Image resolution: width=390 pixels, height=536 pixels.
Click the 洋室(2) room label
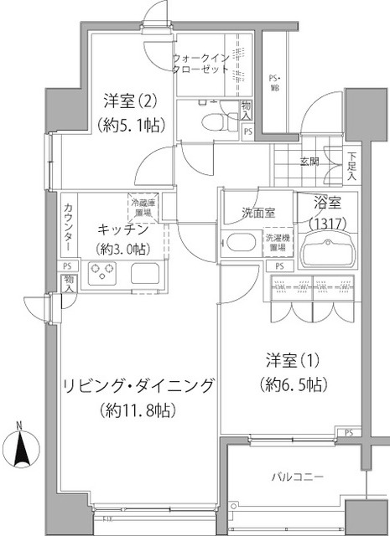point(126,100)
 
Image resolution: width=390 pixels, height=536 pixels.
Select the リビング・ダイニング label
point(139,387)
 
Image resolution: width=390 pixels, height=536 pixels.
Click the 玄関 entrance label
point(309,161)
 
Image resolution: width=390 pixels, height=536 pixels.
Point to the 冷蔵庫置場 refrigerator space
point(139,206)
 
